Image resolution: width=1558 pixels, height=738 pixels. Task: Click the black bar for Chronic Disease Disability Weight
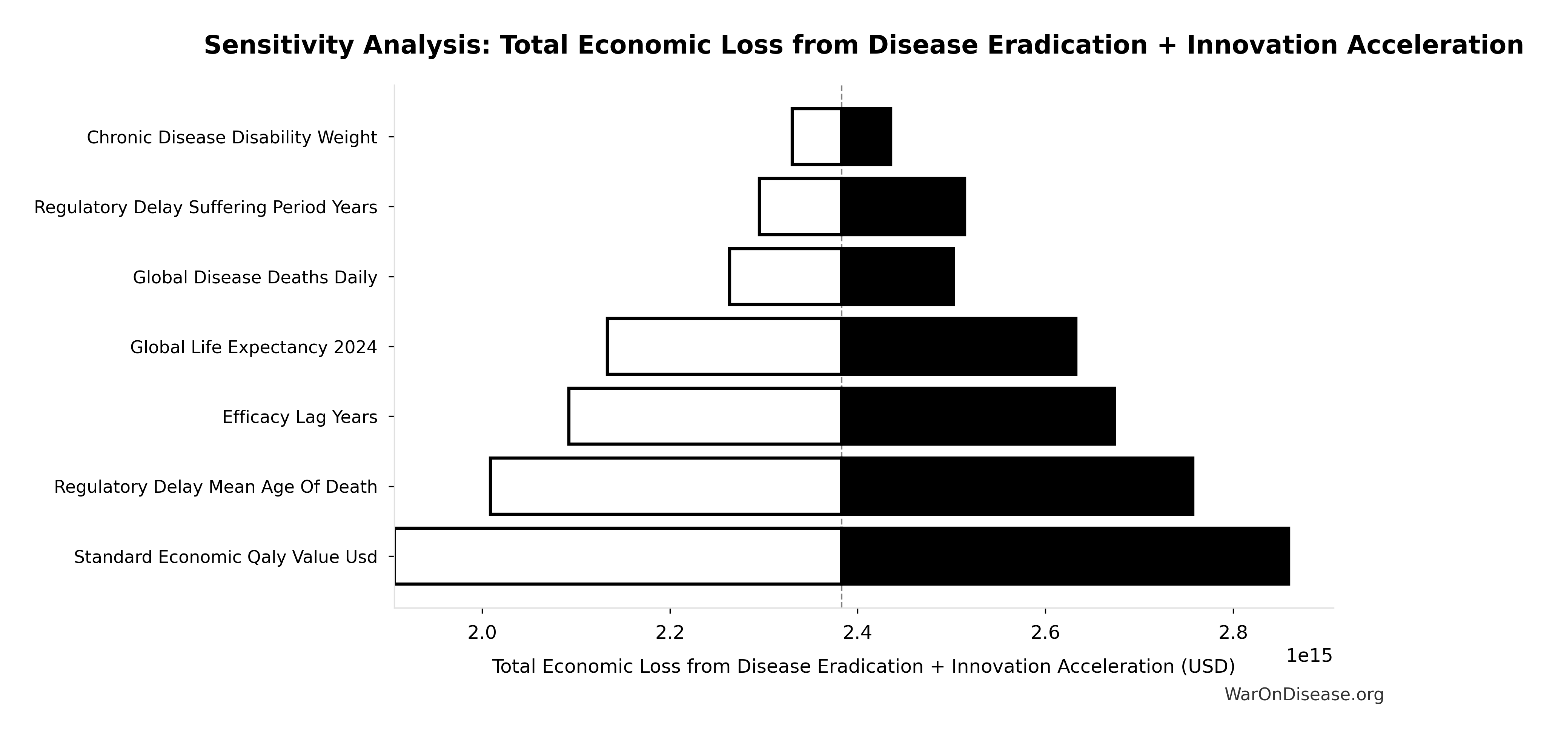[x=866, y=137]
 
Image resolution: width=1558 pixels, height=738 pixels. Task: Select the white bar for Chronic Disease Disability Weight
[x=816, y=137]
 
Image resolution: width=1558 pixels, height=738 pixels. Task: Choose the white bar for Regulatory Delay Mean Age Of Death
[x=665, y=486]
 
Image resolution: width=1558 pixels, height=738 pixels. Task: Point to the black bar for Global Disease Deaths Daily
[x=897, y=277]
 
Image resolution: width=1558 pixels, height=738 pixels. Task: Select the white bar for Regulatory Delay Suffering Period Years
[x=800, y=207]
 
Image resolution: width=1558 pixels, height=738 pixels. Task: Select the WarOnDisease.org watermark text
[x=1304, y=695]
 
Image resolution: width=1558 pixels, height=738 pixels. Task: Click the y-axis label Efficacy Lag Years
[x=300, y=417]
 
